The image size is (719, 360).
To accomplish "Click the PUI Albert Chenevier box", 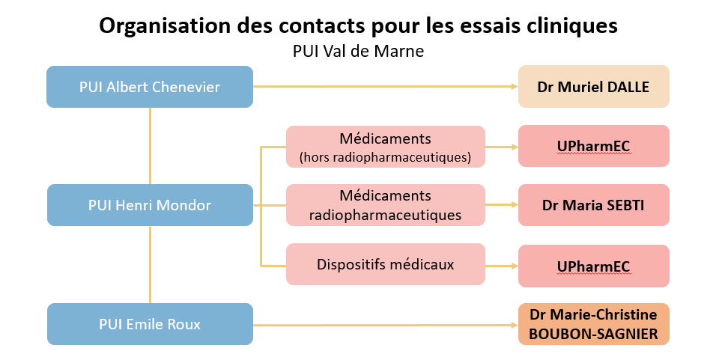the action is pos(150,87).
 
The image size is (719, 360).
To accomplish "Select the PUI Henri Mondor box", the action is pos(150,205).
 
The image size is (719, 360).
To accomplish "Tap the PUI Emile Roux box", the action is pos(150,324).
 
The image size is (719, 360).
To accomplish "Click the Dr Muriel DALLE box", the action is pos(594,87).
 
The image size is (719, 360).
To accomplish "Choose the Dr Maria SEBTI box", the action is pos(594,205).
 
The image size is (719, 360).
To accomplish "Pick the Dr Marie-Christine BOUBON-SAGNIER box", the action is pos(594,324).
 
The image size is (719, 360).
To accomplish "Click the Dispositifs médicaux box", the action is pos(386,264).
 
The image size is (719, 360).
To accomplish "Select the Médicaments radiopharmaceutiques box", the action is pos(386,205).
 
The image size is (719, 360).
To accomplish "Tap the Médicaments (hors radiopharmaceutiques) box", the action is pos(386,147).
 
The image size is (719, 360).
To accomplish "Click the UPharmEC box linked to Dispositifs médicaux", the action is pos(594,266).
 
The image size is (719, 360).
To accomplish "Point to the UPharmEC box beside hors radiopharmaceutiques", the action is pos(594,146).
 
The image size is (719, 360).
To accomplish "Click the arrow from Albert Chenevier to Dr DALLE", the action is pos(386,87).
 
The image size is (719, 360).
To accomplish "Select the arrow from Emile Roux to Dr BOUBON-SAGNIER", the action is pos(386,325).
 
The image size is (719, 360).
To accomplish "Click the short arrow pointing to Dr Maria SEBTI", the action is pos(502,205).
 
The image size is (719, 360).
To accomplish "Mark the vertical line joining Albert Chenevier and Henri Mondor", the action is pos(150,146).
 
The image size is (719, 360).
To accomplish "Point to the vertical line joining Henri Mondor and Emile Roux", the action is pos(150,264).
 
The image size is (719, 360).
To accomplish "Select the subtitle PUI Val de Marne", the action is pos(358,51).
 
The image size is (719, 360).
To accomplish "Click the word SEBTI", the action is pos(625,205).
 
